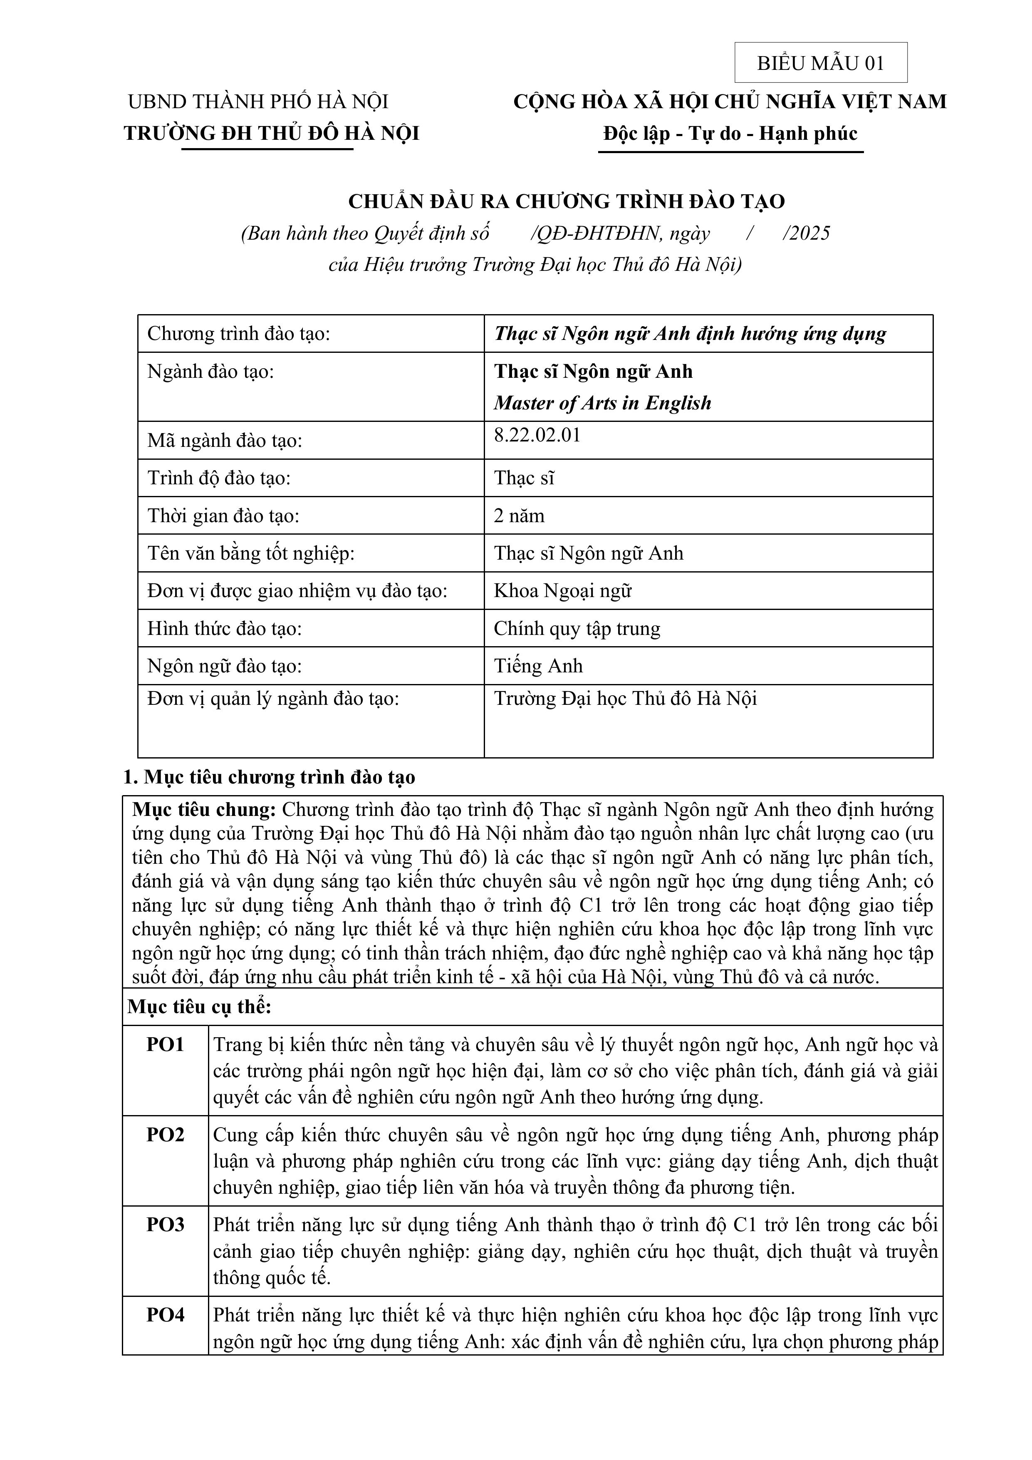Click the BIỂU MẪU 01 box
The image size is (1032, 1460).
click(x=820, y=63)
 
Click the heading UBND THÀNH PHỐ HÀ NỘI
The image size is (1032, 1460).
click(x=258, y=102)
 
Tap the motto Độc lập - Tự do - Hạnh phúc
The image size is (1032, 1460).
click(x=730, y=134)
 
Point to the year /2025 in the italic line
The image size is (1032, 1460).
click(x=807, y=233)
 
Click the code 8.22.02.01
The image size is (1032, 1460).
click(x=537, y=436)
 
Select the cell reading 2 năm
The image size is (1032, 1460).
click(x=519, y=515)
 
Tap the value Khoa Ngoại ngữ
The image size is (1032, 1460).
click(x=563, y=591)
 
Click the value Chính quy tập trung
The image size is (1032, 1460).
click(x=577, y=628)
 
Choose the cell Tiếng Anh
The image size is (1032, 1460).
click(x=538, y=666)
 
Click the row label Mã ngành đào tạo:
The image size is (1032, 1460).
click(x=225, y=440)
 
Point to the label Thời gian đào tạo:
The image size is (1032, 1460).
click(x=223, y=515)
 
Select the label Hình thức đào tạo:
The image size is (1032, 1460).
click(x=225, y=628)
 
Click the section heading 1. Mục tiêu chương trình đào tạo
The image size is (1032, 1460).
click(x=270, y=777)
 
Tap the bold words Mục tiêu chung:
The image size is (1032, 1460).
click(x=203, y=810)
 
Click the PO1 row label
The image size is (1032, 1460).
click(x=165, y=1045)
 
